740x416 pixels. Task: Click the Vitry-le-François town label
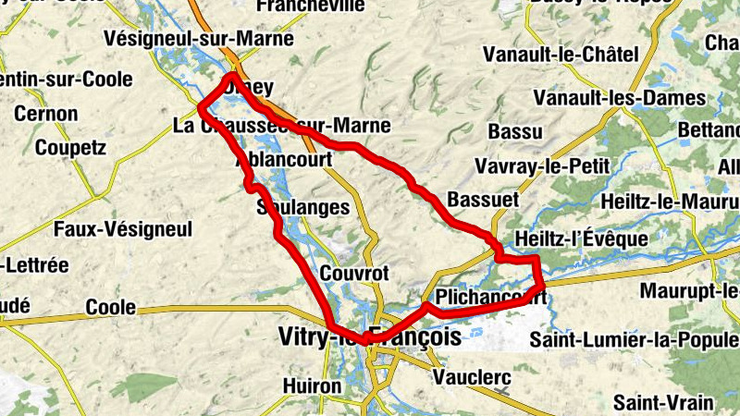[x=369, y=338]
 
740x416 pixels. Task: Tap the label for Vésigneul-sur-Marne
[x=200, y=39]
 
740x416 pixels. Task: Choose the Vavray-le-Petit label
[x=541, y=166]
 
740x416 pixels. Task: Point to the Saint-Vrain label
[x=663, y=402]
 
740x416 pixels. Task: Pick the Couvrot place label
[x=353, y=274]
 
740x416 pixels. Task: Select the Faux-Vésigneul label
[x=122, y=227]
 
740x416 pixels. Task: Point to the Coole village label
[x=110, y=307]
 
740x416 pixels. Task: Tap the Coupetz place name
[x=70, y=148]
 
